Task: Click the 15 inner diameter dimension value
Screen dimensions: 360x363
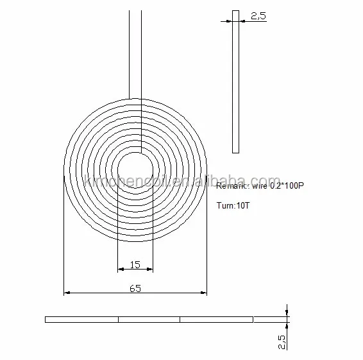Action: click(x=135, y=264)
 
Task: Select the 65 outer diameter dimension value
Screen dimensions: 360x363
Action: click(x=135, y=289)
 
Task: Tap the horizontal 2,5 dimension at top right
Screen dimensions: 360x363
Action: click(x=258, y=17)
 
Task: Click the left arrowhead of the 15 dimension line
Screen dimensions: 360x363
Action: click(x=120, y=269)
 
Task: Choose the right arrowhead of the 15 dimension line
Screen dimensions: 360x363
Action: click(x=149, y=269)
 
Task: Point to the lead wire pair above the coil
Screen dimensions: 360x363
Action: click(x=135, y=51)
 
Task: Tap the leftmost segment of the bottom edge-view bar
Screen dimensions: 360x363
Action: click(x=81, y=319)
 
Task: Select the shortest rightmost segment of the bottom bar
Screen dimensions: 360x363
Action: click(x=270, y=319)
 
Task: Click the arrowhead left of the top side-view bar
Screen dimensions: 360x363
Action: click(x=229, y=21)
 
